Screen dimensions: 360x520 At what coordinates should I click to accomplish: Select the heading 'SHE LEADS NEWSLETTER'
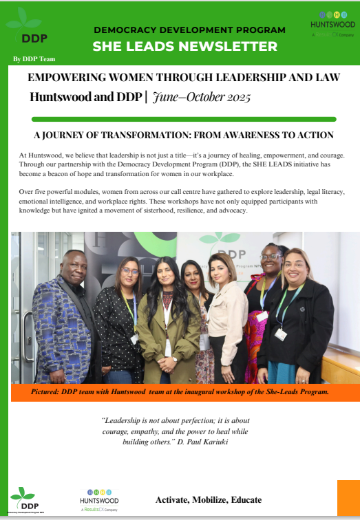(x=185, y=47)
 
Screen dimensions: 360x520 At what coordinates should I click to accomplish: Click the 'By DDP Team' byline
(x=33, y=59)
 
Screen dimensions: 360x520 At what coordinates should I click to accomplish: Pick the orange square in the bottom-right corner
(x=348, y=499)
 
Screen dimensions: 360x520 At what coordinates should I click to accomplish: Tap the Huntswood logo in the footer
(x=99, y=499)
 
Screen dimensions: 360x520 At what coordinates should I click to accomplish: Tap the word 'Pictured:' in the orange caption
(x=49, y=392)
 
